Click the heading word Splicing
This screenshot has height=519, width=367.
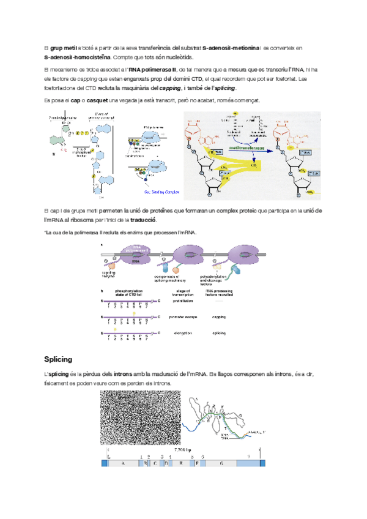(59, 359)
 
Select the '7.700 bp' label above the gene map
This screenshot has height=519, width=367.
(183, 450)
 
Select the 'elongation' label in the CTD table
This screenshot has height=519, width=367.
(180, 334)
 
